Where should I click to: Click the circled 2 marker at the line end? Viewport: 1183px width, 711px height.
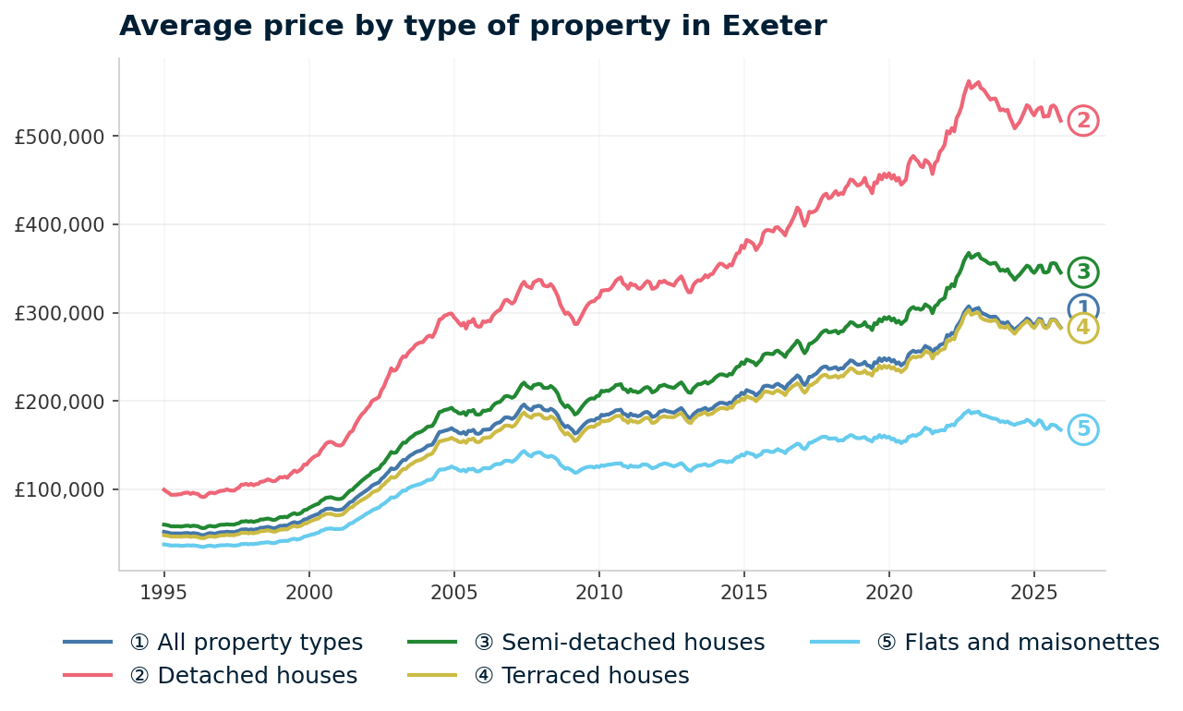click(x=1083, y=121)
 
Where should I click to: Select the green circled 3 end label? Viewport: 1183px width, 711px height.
click(x=1083, y=272)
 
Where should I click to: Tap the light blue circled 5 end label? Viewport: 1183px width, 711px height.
click(x=1083, y=429)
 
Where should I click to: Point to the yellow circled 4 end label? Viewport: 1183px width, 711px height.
click(x=1083, y=329)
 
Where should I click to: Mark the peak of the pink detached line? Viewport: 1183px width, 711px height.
click(x=969, y=80)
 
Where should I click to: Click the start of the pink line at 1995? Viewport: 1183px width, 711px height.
click(x=163, y=489)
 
